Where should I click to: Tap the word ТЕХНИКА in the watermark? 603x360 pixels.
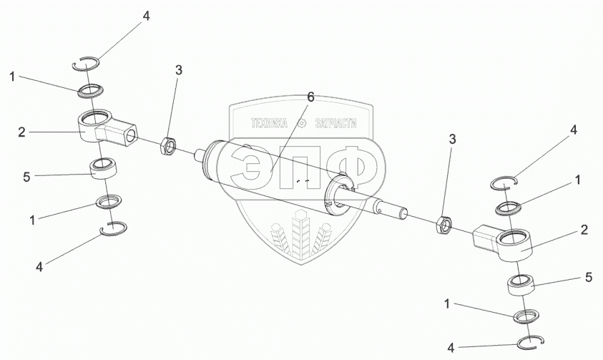(x=268, y=123)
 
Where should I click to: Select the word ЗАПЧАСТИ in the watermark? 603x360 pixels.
(x=333, y=123)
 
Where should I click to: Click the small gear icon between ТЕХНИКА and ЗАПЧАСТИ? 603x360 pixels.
(x=301, y=123)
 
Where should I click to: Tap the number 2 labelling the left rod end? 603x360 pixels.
(x=22, y=132)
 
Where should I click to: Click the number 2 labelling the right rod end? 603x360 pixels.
(x=584, y=230)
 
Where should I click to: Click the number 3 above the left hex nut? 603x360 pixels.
(x=179, y=70)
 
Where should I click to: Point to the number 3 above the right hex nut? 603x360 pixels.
(x=452, y=138)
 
